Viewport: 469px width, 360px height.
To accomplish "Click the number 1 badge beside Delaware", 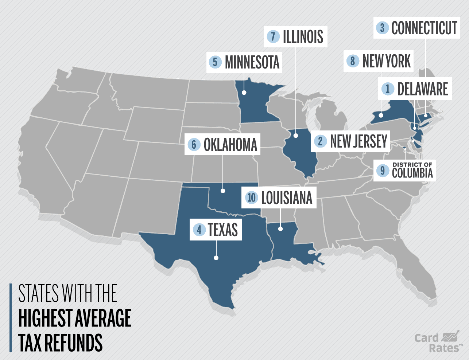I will pos(388,89).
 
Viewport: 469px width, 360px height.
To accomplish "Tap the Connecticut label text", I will pos(424,28).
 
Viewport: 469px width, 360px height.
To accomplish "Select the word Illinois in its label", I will pos(303,37).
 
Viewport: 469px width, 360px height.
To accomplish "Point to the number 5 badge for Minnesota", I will pos(215,62).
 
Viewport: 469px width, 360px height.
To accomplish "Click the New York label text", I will pos(386,61).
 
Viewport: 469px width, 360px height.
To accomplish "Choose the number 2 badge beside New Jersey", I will pos(320,141).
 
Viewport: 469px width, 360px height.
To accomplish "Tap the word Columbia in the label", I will pos(412,173).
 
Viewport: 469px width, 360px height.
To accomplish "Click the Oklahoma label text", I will pos(230,145).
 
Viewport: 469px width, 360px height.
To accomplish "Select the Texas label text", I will pos(222,230).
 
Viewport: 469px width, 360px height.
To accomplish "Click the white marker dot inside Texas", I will pos(216,258).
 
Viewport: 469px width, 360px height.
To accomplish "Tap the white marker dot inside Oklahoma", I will pos(222,191).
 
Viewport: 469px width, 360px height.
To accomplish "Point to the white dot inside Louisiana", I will pos(280,229).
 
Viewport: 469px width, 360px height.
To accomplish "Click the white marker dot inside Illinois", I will pos(296,136).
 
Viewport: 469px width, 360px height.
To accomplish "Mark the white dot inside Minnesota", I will pos(244,93).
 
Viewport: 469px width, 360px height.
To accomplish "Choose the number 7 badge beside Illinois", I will pos(273,36).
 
